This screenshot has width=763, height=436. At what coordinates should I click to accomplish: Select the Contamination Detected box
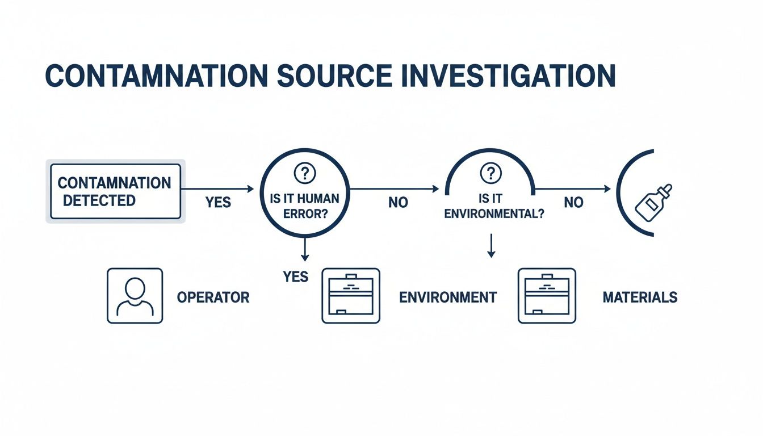click(x=115, y=191)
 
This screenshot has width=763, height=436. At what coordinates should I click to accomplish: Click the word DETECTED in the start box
click(x=99, y=200)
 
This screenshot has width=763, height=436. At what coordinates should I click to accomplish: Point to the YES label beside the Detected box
click(x=218, y=202)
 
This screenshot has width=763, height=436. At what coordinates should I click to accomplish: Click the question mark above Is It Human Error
click(x=305, y=173)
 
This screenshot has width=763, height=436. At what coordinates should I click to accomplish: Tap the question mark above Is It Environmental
click(x=491, y=173)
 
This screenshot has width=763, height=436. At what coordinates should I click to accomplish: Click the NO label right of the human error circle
click(x=398, y=203)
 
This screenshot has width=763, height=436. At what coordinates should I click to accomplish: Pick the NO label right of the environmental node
click(x=573, y=203)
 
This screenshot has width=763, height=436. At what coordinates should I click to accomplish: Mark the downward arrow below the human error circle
click(x=305, y=249)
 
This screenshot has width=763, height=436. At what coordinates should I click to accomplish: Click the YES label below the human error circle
click(x=295, y=276)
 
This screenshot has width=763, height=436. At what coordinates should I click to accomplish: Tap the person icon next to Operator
click(x=135, y=296)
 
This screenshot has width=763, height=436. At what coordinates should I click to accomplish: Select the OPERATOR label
click(x=213, y=297)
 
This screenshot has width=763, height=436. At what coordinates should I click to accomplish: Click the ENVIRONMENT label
click(x=448, y=297)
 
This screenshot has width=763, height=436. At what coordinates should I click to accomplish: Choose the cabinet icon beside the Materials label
click(x=547, y=296)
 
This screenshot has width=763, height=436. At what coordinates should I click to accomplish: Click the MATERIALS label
click(x=640, y=297)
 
